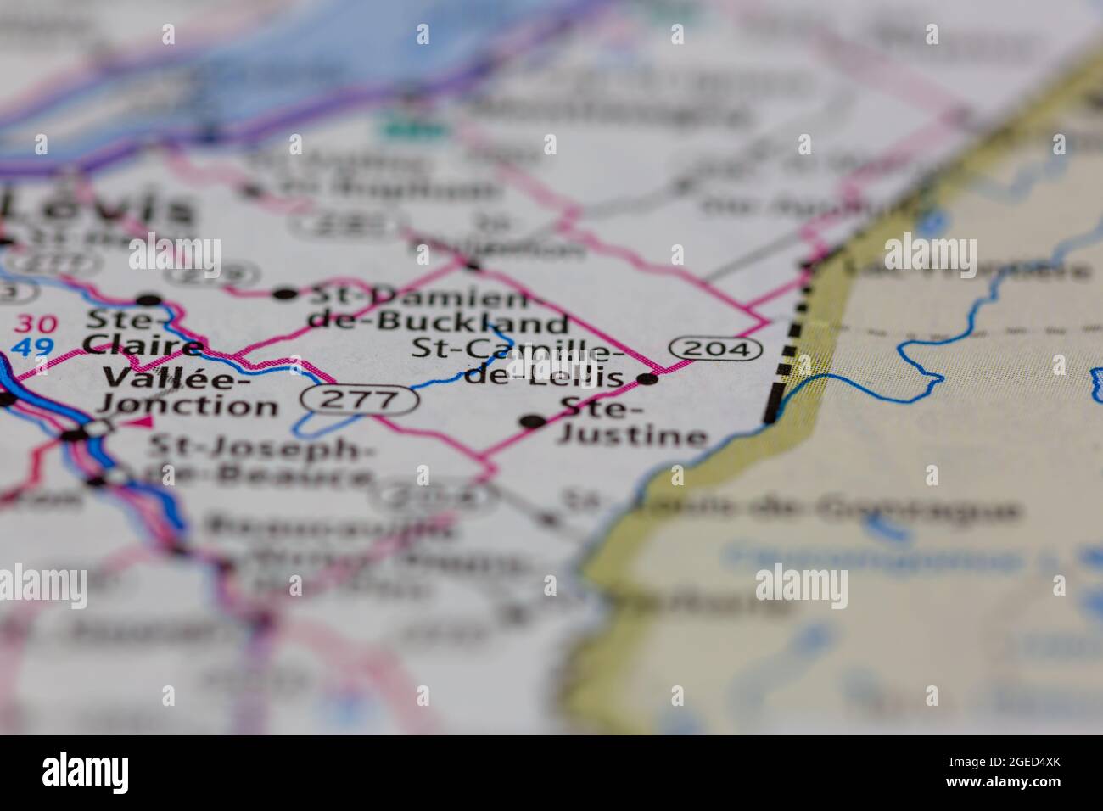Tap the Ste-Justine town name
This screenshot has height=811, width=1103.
[632, 422]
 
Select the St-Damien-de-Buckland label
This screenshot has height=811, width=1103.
[437, 309]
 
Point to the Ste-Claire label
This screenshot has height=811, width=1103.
[143, 333]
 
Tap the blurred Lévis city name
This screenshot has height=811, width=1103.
[98, 208]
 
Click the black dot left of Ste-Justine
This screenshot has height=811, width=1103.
[533, 421]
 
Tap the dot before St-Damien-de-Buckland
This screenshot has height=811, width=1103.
[284, 294]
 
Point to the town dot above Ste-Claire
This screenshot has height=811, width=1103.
[149, 299]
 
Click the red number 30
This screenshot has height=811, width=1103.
[36, 324]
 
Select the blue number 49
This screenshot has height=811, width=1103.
[35, 347]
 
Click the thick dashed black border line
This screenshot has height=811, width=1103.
[785, 356]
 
